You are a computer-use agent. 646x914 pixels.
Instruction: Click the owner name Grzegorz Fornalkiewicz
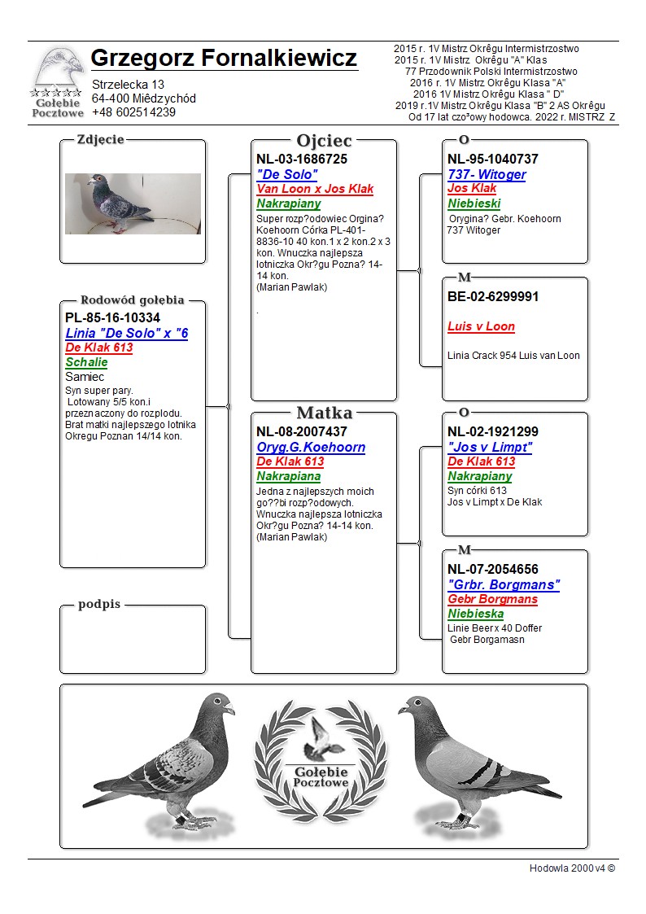click(224, 59)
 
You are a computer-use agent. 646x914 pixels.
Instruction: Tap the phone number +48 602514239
click(133, 112)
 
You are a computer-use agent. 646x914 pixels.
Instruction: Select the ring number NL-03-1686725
click(302, 160)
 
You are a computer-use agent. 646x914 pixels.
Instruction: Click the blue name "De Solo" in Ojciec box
click(287, 174)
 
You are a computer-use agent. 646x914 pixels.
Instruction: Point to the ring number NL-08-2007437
click(302, 432)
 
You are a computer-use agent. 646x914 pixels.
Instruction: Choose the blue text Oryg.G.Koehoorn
click(311, 447)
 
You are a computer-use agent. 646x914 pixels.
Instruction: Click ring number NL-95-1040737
click(493, 160)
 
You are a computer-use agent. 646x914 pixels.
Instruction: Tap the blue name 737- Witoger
click(487, 174)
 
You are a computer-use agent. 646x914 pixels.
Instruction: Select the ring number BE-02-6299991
click(493, 297)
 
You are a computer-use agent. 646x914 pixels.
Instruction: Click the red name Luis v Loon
click(481, 326)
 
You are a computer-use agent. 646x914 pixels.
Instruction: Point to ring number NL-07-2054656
click(493, 570)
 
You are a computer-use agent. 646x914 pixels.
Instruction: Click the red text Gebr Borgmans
click(492, 599)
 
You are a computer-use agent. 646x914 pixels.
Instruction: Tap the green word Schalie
click(86, 362)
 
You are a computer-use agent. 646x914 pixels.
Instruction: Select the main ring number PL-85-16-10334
click(112, 318)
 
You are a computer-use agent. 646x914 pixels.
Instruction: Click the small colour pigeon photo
click(133, 203)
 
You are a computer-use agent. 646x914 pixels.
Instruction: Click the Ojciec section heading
click(324, 141)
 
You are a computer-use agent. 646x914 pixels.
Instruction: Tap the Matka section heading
click(324, 413)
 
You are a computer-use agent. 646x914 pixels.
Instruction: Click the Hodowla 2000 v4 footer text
click(572, 868)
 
